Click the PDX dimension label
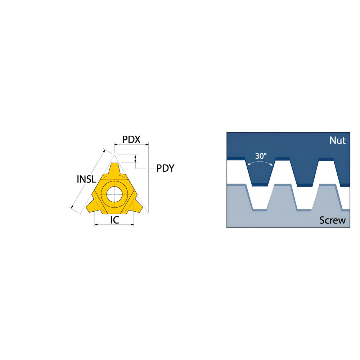(x=131, y=139)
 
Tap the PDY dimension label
(x=165, y=168)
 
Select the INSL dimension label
(x=86, y=179)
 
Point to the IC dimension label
(x=115, y=220)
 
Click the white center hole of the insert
(x=114, y=194)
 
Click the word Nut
(x=337, y=140)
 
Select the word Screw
(x=332, y=220)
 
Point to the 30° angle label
(x=261, y=156)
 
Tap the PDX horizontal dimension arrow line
(x=131, y=144)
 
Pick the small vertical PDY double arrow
(x=135, y=159)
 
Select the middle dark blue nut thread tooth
(x=305, y=172)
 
